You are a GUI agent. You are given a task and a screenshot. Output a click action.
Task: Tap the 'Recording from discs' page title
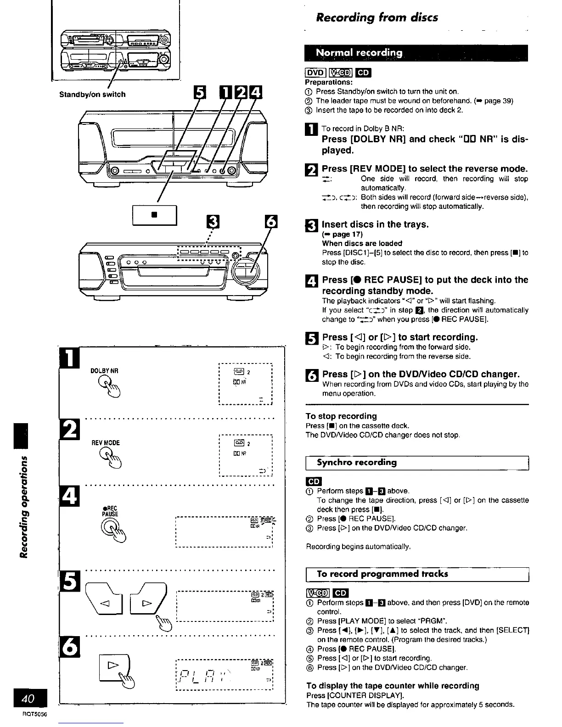pyautogui.click(x=377, y=17)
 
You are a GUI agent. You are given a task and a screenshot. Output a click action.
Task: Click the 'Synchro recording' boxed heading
pyautogui.click(x=357, y=462)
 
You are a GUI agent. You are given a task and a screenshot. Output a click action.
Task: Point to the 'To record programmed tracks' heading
pyautogui.click(x=382, y=574)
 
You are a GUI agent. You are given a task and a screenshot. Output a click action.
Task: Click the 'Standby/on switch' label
pyautogui.click(x=92, y=95)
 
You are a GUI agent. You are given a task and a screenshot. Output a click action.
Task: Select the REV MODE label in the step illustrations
pyautogui.click(x=106, y=443)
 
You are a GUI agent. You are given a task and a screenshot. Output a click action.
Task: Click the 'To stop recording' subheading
pyautogui.click(x=341, y=416)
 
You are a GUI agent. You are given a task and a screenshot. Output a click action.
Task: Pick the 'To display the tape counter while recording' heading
pyautogui.click(x=393, y=685)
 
